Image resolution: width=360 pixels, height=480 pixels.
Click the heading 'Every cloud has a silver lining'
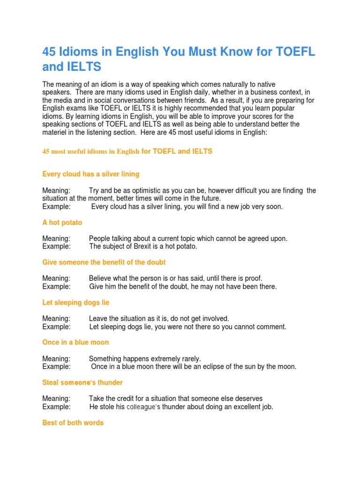point(90,174)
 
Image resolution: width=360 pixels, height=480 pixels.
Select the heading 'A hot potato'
point(62,223)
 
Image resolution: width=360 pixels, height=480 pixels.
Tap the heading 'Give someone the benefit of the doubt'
point(104,262)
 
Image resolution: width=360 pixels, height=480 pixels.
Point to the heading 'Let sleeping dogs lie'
point(75,302)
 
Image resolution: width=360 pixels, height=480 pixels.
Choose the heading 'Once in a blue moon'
point(75,342)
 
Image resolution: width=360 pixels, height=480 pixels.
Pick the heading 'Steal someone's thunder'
point(82,382)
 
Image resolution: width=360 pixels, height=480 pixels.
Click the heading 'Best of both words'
point(73,422)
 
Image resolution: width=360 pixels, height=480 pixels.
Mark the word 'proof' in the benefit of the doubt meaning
point(253,278)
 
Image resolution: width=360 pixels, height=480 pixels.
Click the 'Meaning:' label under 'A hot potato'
point(56,239)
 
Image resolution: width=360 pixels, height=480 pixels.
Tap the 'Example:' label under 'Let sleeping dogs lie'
point(56,327)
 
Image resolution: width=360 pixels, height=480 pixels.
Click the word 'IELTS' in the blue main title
point(79,67)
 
